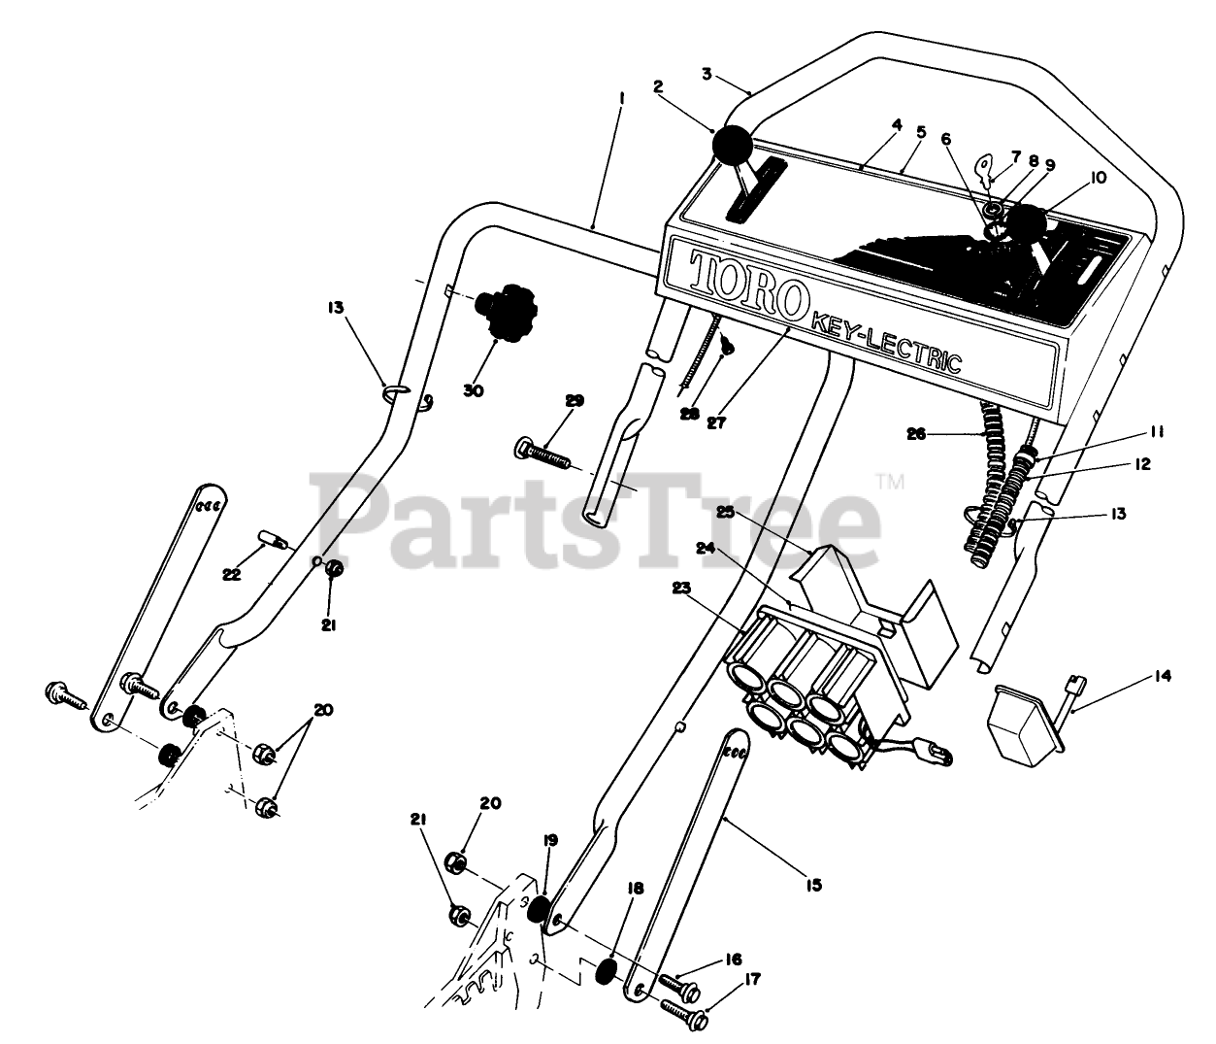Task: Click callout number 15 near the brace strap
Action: coord(813,885)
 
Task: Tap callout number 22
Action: coord(230,575)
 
